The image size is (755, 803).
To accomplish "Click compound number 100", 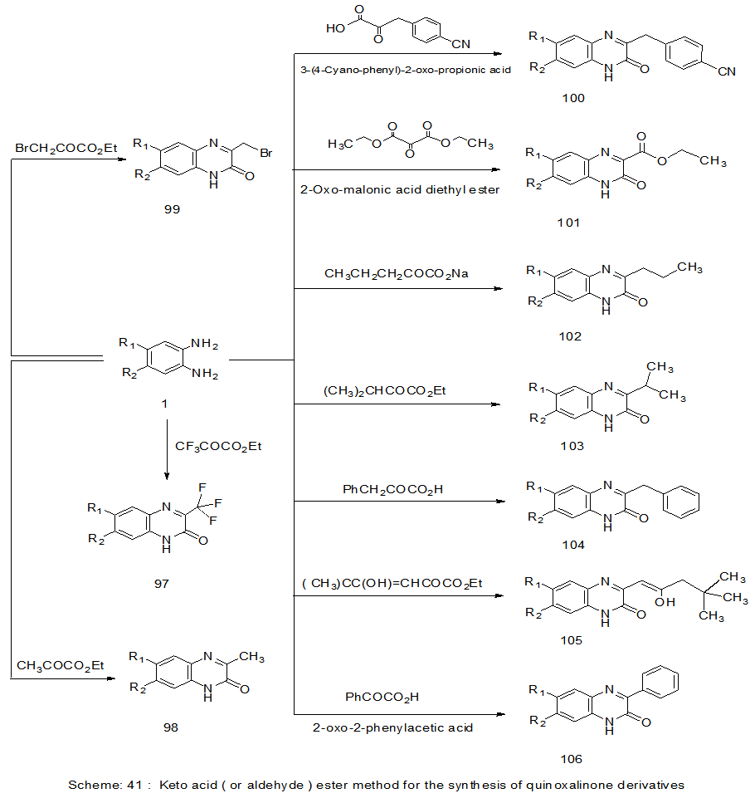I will point(572,98).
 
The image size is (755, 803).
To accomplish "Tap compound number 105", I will point(571,640).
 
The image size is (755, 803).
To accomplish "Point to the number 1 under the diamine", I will point(164,403).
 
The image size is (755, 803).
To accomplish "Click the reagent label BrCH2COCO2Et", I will point(66,148).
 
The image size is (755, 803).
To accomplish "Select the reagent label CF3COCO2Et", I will point(219,446).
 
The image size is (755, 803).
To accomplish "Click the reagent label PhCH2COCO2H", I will point(392,489).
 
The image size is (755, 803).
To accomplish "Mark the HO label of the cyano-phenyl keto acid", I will point(335,27).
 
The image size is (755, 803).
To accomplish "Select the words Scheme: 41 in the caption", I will point(100,784).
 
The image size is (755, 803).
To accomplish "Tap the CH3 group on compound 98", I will point(251,658).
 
